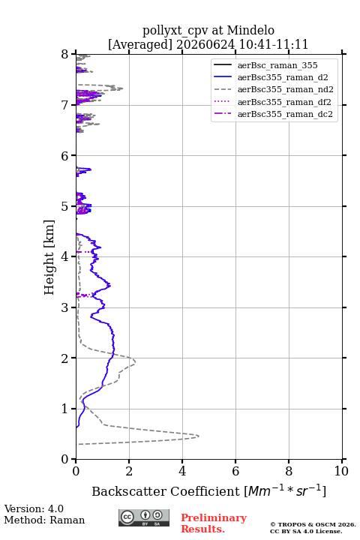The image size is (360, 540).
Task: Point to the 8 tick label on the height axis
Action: point(65,54)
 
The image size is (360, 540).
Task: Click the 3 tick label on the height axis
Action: point(65,307)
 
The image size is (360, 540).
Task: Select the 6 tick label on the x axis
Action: point(235,471)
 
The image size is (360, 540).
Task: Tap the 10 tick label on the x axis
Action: point(341,471)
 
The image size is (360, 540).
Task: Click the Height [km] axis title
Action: point(49,257)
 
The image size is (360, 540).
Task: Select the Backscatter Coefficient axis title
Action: point(208,490)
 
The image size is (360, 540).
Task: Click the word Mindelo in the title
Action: point(250,30)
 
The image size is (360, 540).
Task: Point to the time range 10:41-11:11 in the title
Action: point(274,44)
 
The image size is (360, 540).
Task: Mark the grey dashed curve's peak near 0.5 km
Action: point(199,436)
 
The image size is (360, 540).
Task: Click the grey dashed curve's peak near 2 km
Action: point(135,361)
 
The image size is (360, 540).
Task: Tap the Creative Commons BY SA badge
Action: point(144,517)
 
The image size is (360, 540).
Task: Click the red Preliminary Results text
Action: point(214,523)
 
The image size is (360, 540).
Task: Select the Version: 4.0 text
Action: point(34,508)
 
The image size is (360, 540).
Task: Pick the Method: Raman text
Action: point(44,520)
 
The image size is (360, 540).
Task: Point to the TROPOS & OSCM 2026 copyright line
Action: point(313,524)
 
